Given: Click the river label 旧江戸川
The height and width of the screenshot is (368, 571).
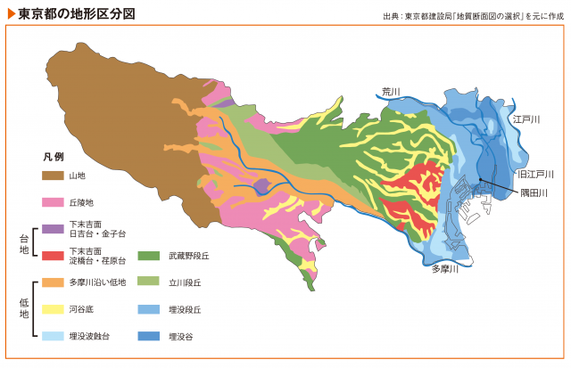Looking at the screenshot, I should pyautogui.click(x=535, y=174).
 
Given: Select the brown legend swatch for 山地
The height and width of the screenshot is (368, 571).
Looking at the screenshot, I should pyautogui.click(x=53, y=176).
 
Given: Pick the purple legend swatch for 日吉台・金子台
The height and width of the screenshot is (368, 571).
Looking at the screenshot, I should pyautogui.click(x=53, y=229).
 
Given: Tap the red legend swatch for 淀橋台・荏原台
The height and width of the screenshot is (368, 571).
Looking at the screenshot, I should pyautogui.click(x=53, y=256).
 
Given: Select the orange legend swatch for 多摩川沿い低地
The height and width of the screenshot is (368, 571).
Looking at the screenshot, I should pyautogui.click(x=53, y=282).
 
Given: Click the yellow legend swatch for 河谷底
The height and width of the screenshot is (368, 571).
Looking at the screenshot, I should pyautogui.click(x=53, y=309).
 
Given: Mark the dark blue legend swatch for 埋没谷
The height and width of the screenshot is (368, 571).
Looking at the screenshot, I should pyautogui.click(x=148, y=336).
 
